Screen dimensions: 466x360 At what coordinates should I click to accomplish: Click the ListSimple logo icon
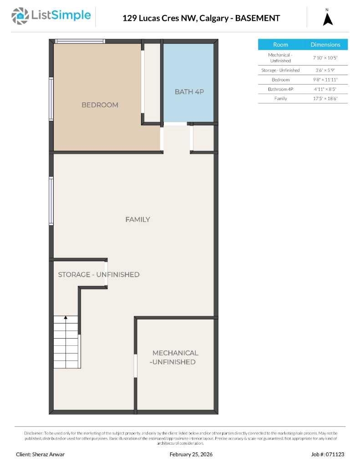[x=20, y=16]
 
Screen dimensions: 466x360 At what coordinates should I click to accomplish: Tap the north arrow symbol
[x=328, y=19]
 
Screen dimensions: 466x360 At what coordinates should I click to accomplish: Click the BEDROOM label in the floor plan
[x=100, y=105]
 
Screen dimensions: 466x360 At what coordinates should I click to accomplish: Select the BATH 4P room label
[x=189, y=92]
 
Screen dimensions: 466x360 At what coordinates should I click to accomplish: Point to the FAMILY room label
[x=137, y=220]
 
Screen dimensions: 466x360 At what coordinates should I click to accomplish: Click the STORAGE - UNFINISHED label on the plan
[x=98, y=275]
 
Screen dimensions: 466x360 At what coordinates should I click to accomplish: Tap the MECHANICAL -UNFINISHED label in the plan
[x=175, y=358]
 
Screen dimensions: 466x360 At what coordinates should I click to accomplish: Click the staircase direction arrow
[x=66, y=318]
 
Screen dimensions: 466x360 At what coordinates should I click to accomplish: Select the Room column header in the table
[x=280, y=45]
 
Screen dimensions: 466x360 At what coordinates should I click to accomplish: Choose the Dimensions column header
[x=325, y=45]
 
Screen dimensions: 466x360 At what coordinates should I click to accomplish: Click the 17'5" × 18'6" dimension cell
[x=325, y=98]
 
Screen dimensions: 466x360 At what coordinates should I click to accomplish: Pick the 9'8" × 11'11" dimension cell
[x=325, y=80]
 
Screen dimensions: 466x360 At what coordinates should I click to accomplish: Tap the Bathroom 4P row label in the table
[x=280, y=89]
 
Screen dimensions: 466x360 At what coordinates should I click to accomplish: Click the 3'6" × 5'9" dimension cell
[x=325, y=70]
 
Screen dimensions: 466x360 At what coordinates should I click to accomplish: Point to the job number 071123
[x=328, y=454]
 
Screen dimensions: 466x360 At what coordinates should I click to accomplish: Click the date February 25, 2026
[x=191, y=454]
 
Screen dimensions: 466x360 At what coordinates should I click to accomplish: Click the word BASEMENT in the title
[x=257, y=18]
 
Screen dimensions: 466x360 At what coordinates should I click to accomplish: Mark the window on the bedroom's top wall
[x=80, y=41]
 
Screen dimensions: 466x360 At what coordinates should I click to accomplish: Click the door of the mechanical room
[x=136, y=365]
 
